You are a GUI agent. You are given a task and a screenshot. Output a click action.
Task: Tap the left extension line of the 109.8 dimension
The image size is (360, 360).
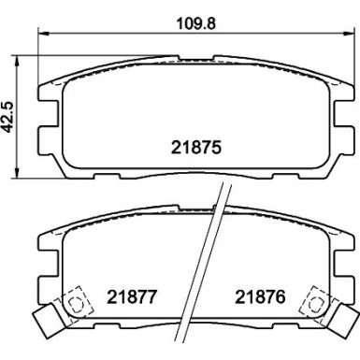[x=37, y=56]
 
